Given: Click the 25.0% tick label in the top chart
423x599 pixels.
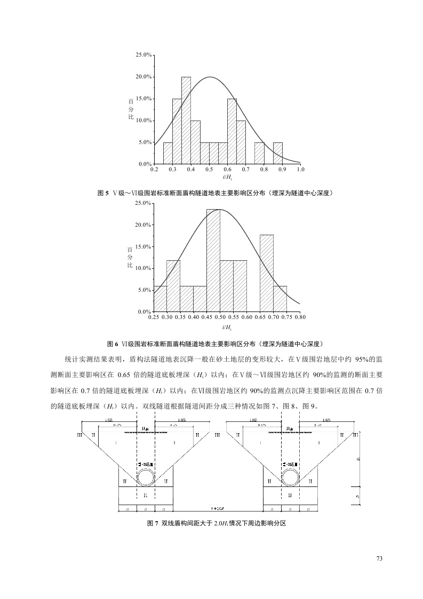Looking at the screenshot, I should tap(144, 55).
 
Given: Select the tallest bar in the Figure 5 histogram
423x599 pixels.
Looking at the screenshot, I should tap(186, 120).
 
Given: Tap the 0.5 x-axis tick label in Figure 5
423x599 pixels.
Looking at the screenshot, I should tap(209, 169).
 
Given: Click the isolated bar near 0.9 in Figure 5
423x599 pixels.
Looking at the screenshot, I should tap(277, 153).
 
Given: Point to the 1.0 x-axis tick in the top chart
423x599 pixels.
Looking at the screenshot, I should tap(300, 169).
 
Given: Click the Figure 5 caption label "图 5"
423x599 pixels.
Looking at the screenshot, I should tap(103, 193).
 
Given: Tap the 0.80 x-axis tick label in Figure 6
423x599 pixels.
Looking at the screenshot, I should tap(300, 317).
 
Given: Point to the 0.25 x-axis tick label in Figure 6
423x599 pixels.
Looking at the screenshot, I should tap(154, 317).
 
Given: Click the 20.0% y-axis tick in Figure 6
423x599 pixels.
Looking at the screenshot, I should tap(144, 225).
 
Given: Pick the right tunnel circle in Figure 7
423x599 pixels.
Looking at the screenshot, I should tap(290, 477).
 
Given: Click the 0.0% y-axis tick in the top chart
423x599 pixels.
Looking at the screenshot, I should tap(145, 164).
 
